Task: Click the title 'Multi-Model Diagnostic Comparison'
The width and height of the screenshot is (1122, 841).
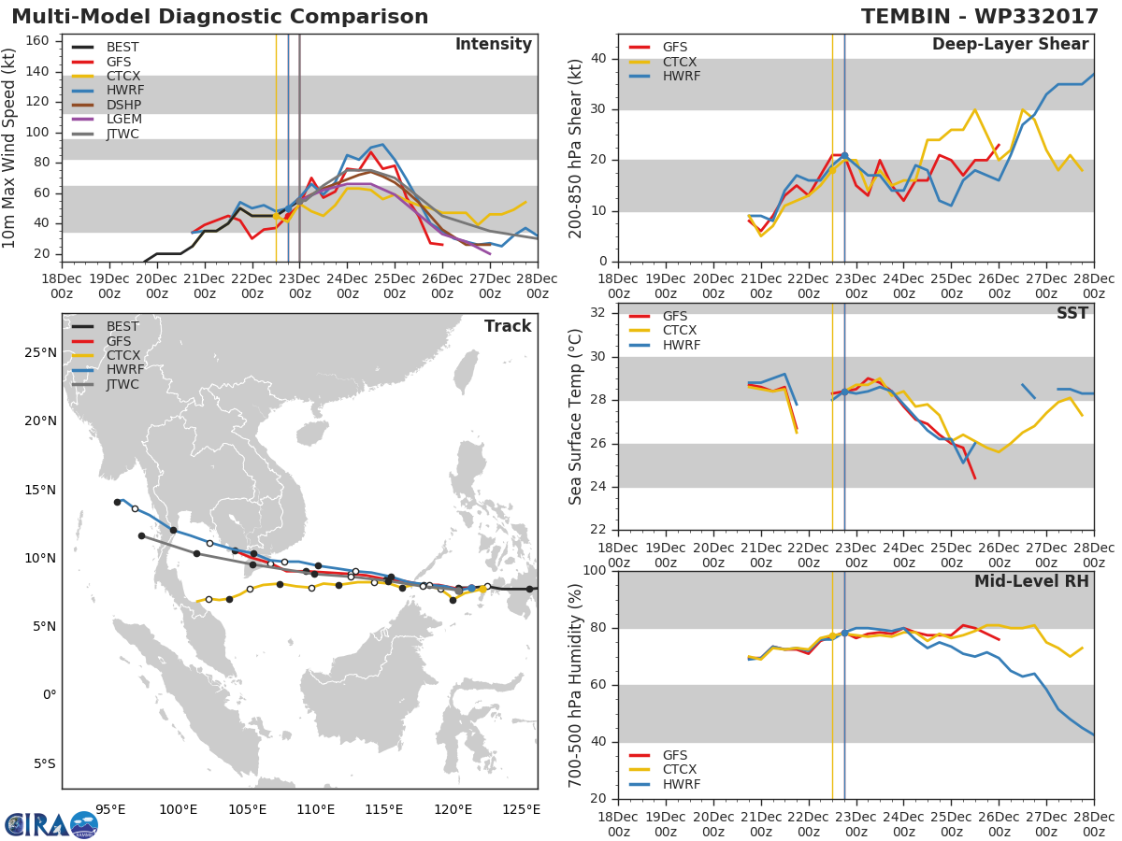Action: coord(220,17)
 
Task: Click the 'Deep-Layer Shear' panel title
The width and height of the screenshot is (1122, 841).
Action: coord(1010,45)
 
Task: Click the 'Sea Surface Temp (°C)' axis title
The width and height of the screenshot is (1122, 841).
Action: coord(576,417)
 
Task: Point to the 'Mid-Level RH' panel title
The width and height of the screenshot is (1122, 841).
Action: coord(1031,581)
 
